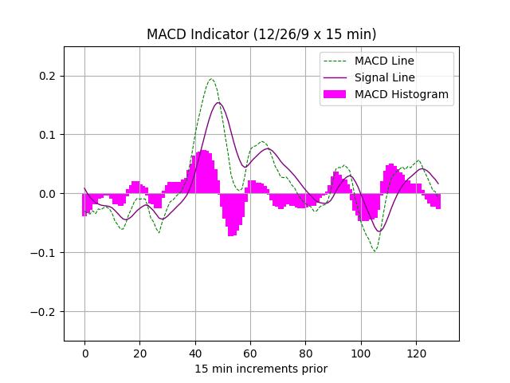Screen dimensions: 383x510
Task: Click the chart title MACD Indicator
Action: [x=261, y=34]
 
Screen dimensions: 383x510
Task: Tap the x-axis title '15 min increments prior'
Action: [x=261, y=369]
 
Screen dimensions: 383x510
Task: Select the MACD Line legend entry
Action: [x=384, y=61]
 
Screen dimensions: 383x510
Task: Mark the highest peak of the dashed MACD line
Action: [x=211, y=79]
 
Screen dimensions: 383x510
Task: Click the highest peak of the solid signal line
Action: [x=218, y=102]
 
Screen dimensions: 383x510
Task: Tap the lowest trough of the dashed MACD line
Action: [x=375, y=251]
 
